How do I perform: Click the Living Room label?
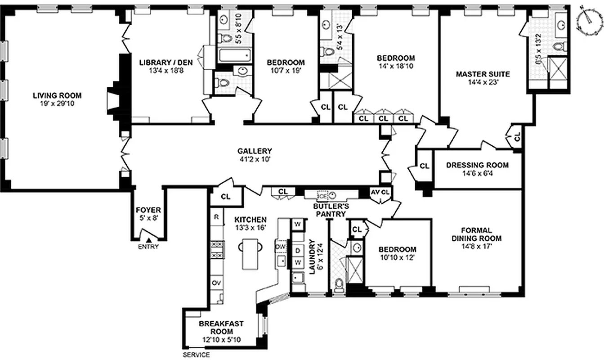57,95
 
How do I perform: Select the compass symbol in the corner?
588,19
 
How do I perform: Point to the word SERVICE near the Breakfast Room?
196,355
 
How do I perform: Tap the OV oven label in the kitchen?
216,283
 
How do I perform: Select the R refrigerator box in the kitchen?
216,216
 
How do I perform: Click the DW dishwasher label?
280,247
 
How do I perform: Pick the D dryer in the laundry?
298,250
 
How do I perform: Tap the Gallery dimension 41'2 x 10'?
255,159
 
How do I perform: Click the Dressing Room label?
477,165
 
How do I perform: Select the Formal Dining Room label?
477,234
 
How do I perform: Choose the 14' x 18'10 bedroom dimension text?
395,66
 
